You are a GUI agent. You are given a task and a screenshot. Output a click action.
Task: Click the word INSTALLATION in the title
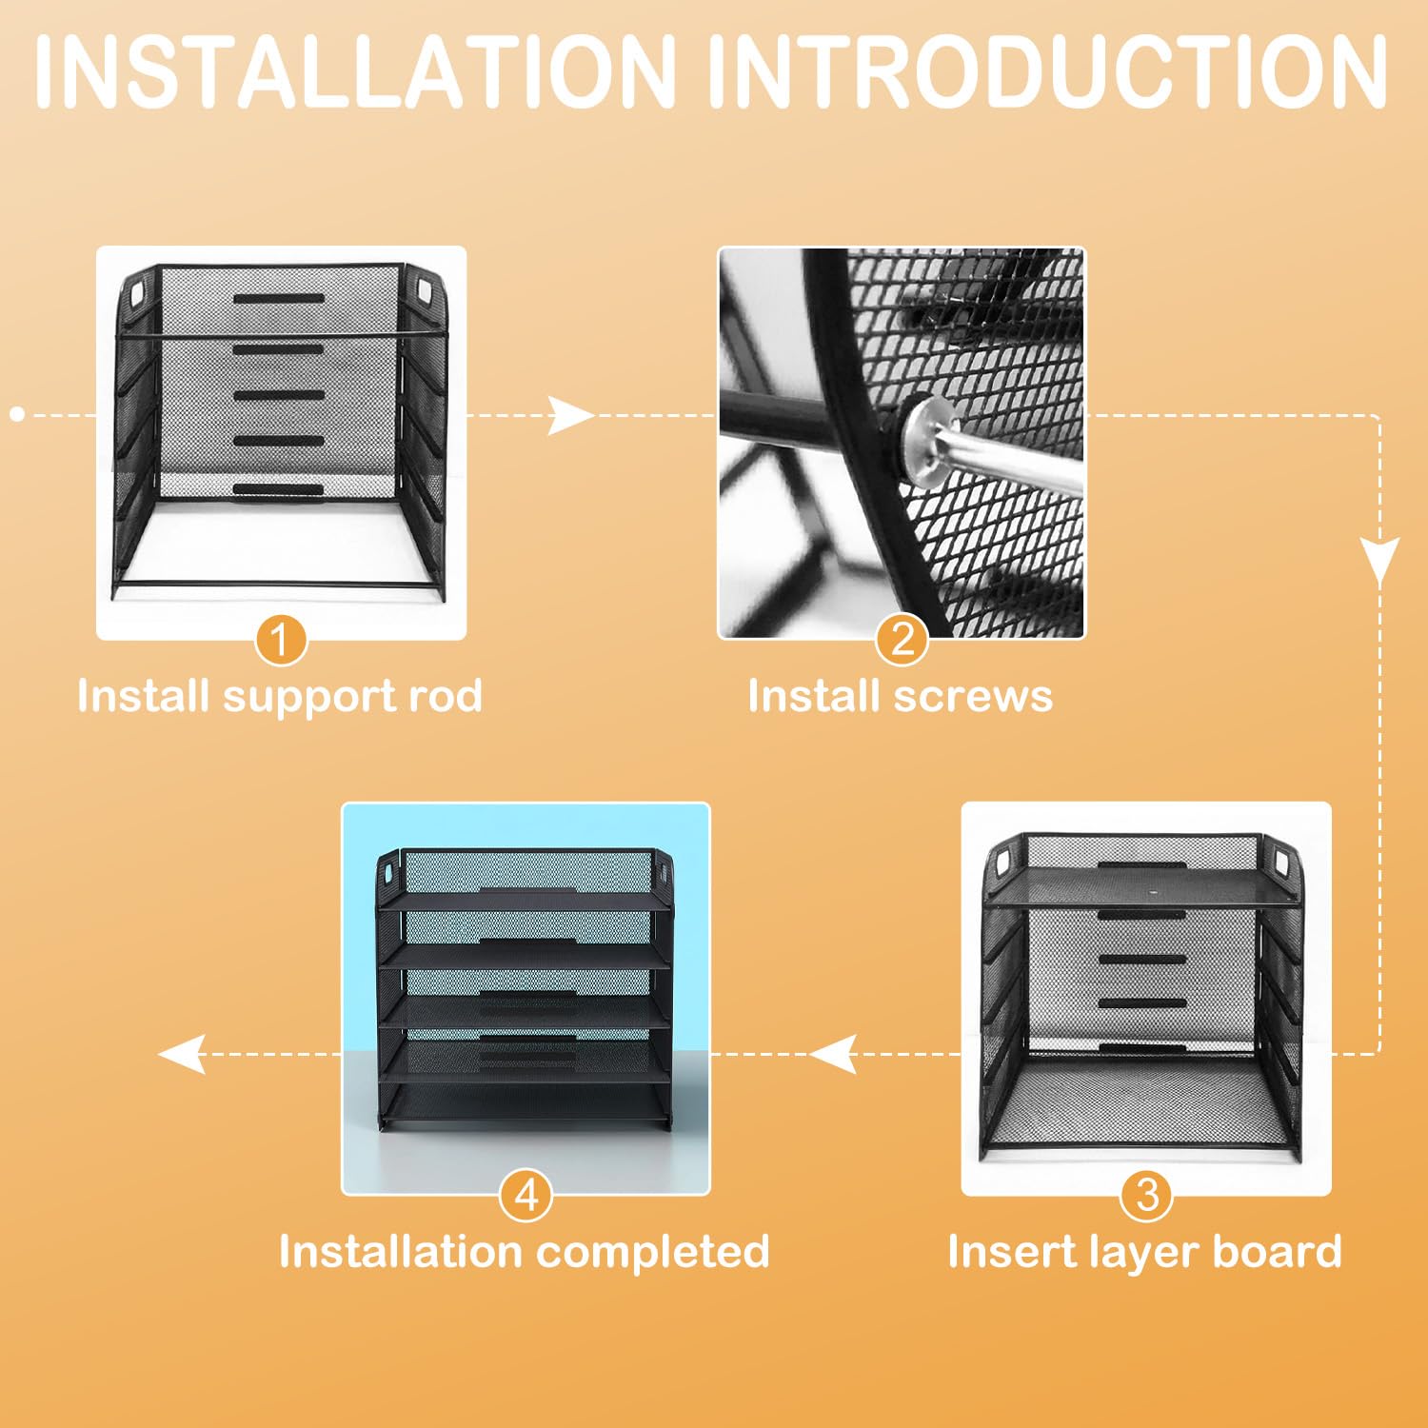(x=355, y=72)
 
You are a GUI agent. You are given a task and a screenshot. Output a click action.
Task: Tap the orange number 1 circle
(x=280, y=640)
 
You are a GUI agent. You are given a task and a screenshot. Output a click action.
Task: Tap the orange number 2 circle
(x=902, y=640)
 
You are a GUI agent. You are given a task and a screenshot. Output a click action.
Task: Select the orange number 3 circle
(x=1147, y=1195)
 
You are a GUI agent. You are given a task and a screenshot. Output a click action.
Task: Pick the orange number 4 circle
(x=526, y=1195)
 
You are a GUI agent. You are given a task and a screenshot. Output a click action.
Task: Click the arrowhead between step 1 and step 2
(x=571, y=416)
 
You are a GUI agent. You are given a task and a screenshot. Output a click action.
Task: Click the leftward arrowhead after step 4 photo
(x=182, y=1054)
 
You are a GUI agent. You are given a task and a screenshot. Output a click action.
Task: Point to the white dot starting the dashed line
(x=17, y=414)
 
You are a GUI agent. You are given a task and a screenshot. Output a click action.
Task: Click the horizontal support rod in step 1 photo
(x=281, y=335)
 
